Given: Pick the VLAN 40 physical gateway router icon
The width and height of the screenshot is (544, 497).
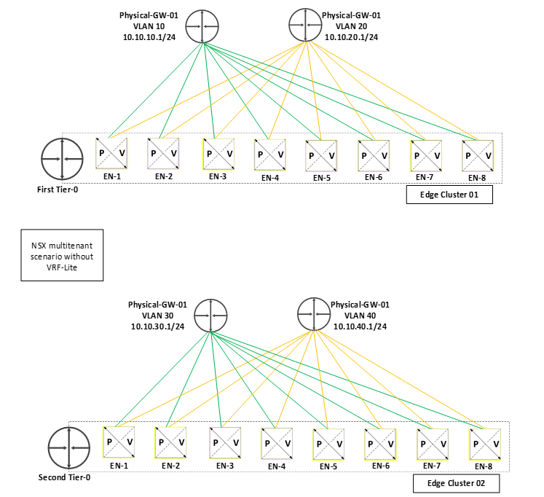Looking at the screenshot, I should coord(314,315).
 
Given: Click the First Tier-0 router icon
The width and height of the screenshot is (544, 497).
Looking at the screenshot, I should coord(59,157).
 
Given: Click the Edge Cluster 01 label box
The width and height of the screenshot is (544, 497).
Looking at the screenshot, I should coord(449,195).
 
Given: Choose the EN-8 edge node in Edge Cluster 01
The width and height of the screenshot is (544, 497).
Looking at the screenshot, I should coord(478,156).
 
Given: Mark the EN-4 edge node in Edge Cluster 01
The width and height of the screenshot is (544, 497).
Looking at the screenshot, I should coord(269,154).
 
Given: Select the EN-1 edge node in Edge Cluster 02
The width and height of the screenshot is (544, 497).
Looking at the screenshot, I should coord(119,442).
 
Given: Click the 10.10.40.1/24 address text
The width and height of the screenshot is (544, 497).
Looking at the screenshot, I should coord(358,326).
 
